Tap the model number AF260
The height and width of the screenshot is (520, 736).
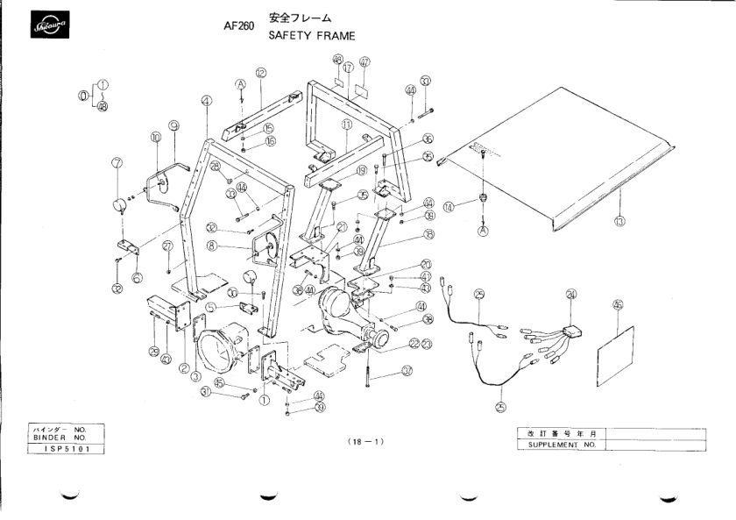click(x=239, y=26)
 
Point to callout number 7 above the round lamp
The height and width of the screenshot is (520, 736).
click(x=117, y=162)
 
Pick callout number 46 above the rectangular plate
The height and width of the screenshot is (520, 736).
click(x=618, y=305)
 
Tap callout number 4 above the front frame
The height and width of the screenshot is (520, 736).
click(x=206, y=101)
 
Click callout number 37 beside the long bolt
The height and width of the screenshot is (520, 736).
click(x=407, y=371)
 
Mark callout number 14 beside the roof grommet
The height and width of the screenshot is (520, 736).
click(x=449, y=208)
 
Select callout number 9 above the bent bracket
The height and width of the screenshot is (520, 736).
click(x=173, y=125)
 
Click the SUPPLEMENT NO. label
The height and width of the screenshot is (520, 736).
click(x=560, y=445)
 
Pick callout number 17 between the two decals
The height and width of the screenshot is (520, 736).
click(x=347, y=67)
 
